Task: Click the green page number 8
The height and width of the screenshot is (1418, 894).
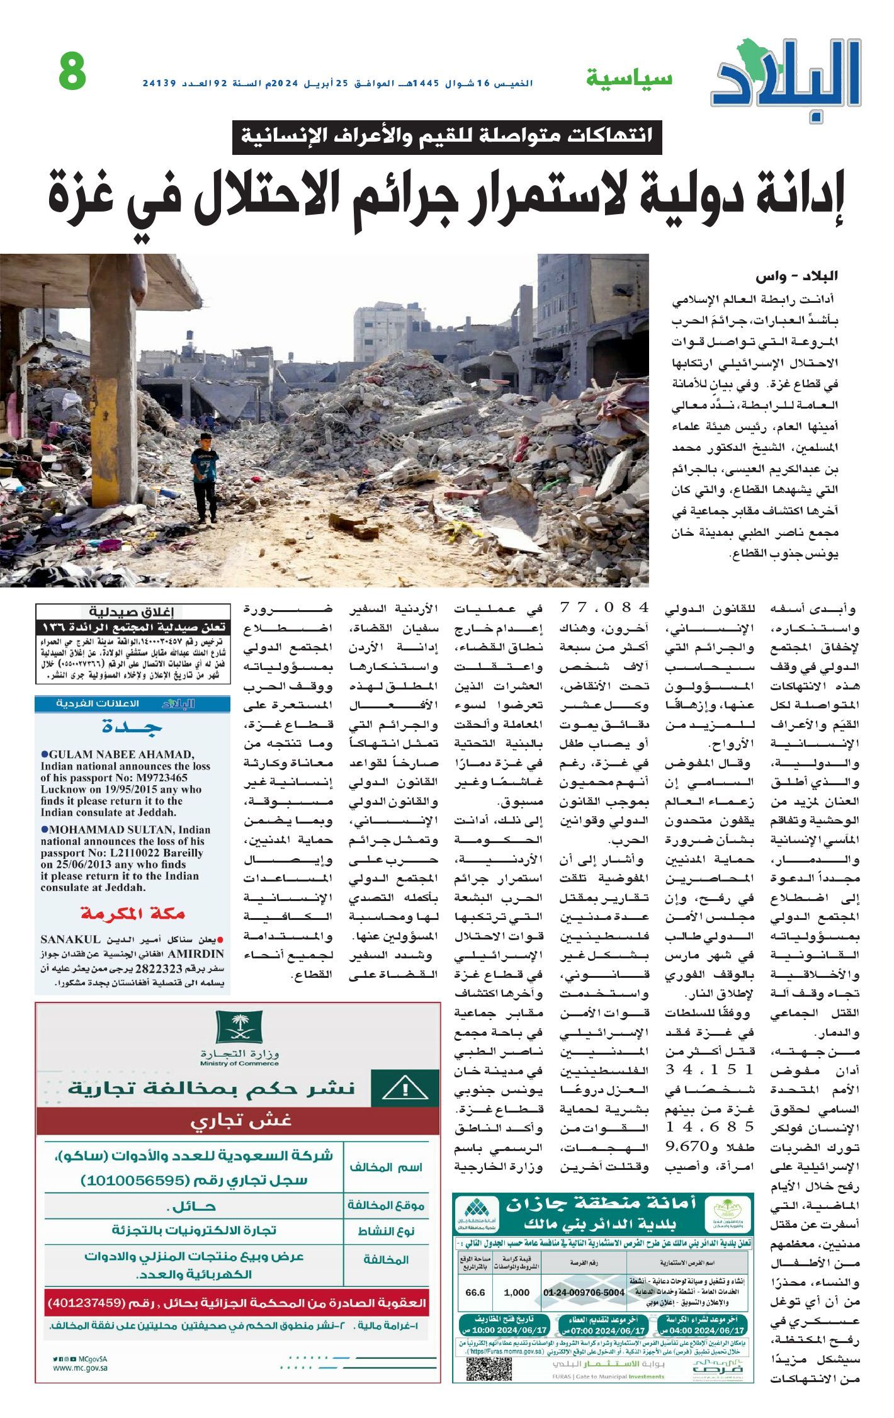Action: (x=72, y=72)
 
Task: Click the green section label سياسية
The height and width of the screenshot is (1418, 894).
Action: (x=629, y=79)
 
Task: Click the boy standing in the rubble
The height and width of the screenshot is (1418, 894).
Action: (x=205, y=477)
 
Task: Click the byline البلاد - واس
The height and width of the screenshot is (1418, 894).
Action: (x=797, y=276)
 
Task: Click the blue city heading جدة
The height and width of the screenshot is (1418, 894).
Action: (x=132, y=729)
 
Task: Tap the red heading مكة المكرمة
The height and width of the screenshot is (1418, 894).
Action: (x=132, y=914)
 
